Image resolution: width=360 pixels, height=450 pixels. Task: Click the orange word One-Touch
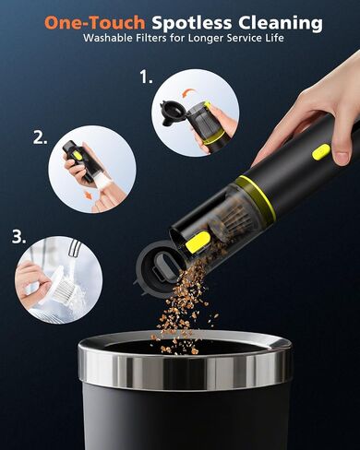tap(95, 22)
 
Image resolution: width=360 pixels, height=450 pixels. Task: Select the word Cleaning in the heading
tap(281, 23)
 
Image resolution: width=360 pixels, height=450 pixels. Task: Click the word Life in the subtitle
tap(273, 38)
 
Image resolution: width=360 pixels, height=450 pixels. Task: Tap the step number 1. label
tap(146, 77)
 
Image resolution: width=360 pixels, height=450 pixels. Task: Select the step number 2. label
tap(41, 137)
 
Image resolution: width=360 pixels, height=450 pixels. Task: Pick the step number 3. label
tap(19, 237)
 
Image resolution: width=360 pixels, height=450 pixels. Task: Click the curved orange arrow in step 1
tap(188, 92)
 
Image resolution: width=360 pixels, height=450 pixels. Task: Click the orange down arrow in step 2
tap(89, 195)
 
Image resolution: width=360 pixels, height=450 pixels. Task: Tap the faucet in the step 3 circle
tap(75, 248)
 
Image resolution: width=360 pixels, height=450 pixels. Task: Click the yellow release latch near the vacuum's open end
tap(198, 243)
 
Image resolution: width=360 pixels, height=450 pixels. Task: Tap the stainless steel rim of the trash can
tap(185, 362)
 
